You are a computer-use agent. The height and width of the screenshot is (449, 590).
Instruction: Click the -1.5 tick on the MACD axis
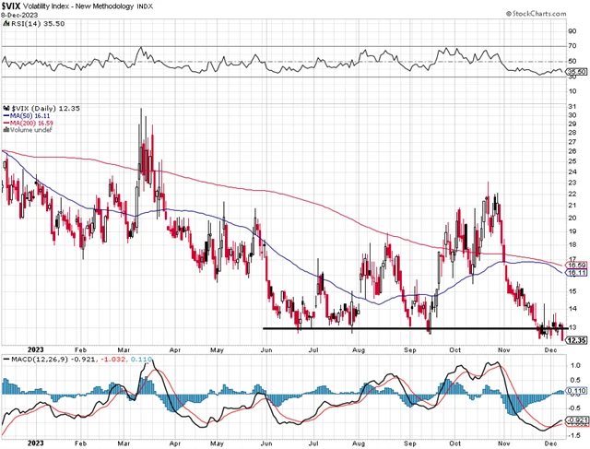572,434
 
